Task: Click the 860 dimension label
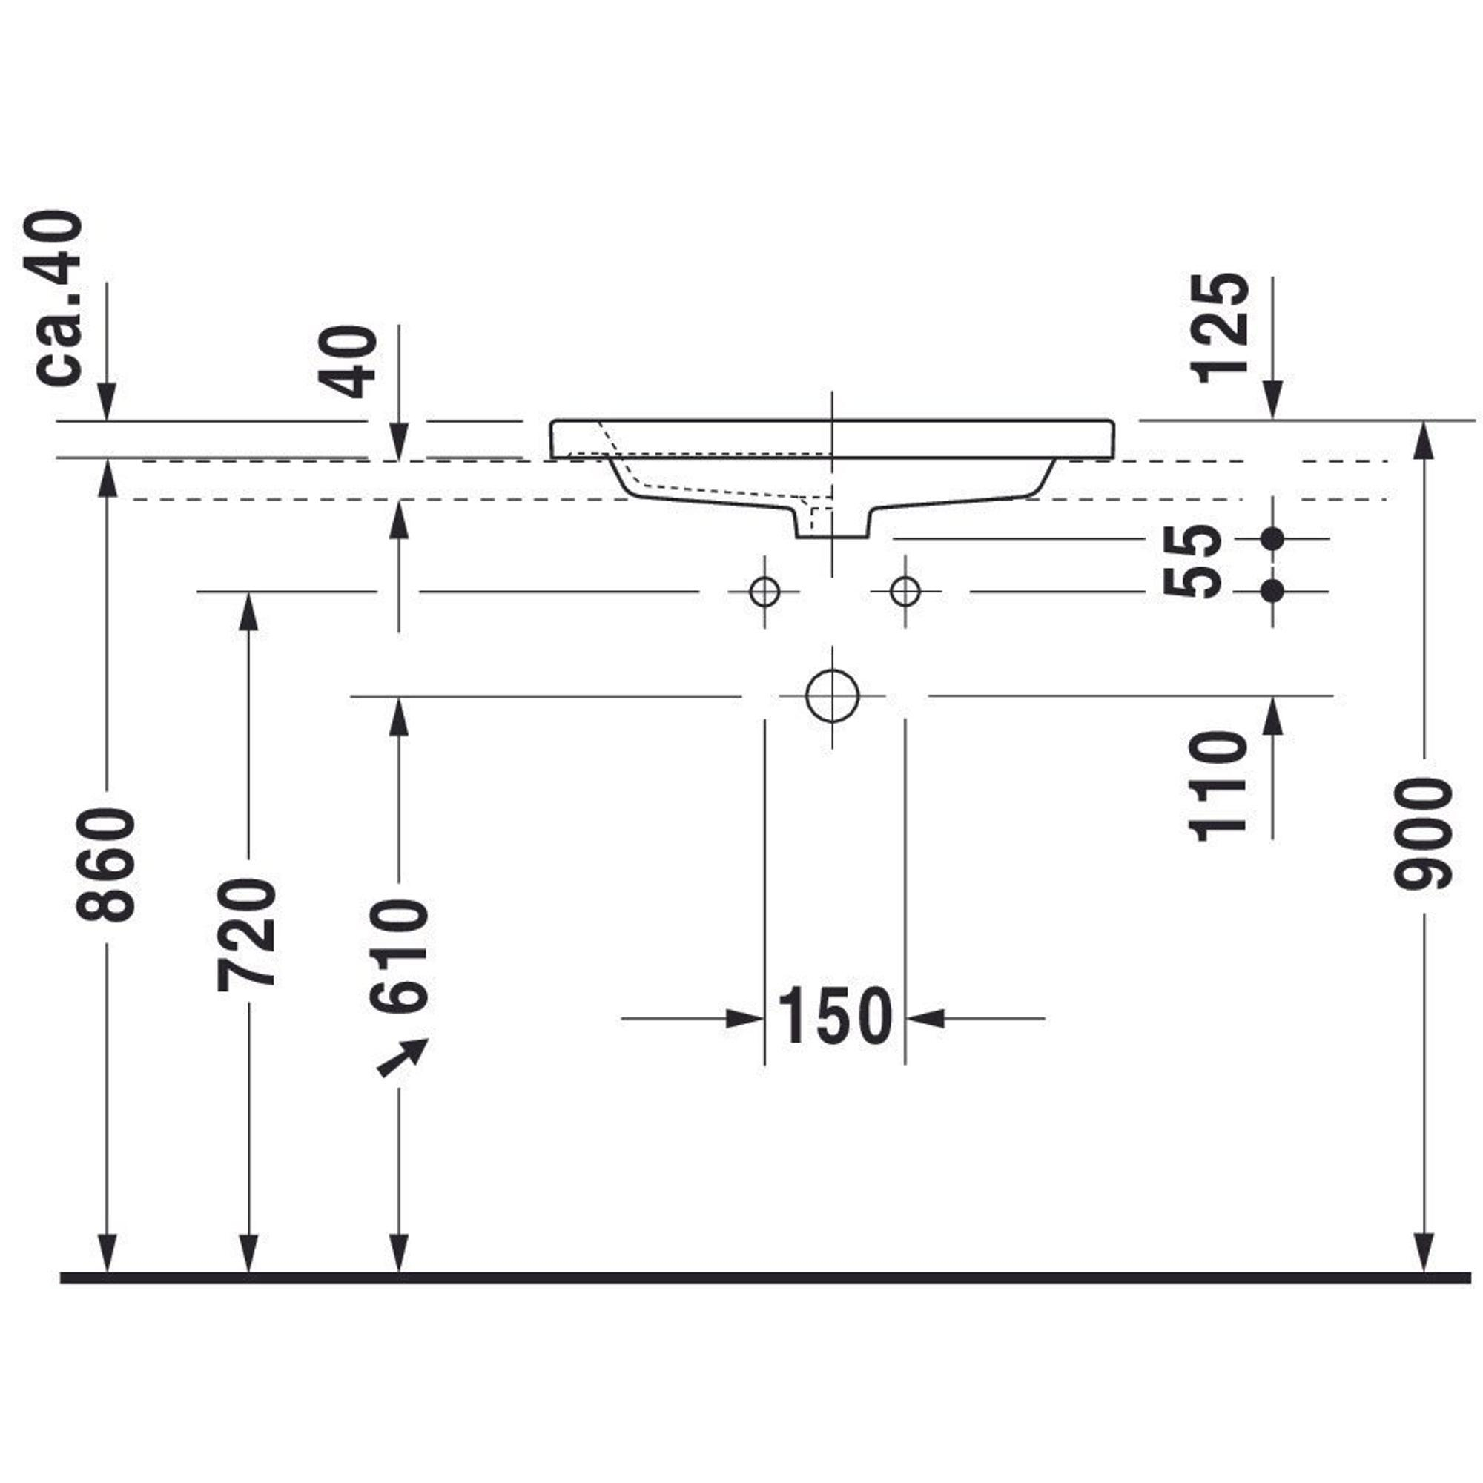click(x=107, y=865)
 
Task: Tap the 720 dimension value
click(x=246, y=934)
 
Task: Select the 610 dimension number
click(x=399, y=956)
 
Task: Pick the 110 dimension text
click(x=1218, y=786)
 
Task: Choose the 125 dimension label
click(x=1220, y=328)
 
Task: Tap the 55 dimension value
click(x=1192, y=561)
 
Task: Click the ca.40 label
click(x=59, y=297)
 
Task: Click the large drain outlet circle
click(x=833, y=696)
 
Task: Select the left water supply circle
click(x=764, y=592)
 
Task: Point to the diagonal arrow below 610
click(x=402, y=1059)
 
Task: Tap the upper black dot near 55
click(x=1272, y=539)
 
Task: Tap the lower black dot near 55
click(x=1272, y=591)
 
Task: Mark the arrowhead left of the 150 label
click(x=744, y=1020)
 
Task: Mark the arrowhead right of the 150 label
click(x=925, y=1020)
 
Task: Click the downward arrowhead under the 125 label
click(x=1272, y=400)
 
